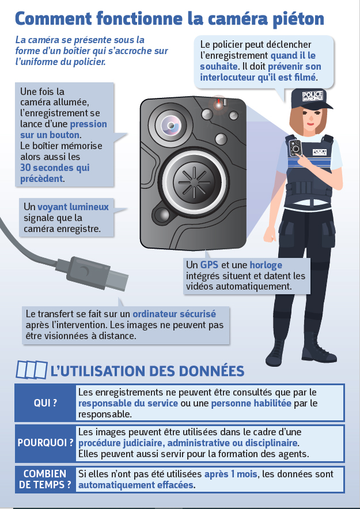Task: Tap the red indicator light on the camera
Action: point(219,104)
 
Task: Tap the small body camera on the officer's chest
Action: point(295,147)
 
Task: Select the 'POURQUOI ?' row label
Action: point(46,443)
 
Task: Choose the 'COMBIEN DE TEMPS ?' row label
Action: point(46,479)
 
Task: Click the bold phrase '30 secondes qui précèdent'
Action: point(54,173)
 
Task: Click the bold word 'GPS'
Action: point(209,265)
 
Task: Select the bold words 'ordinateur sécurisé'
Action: point(174,314)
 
